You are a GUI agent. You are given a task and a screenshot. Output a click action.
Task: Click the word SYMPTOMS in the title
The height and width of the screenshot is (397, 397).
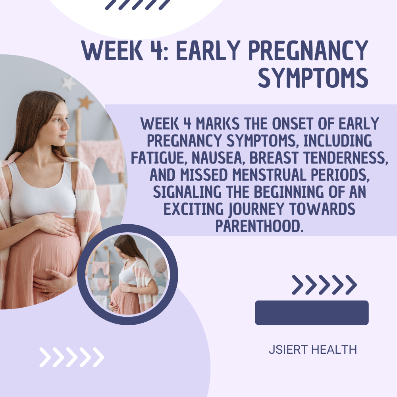(313, 77)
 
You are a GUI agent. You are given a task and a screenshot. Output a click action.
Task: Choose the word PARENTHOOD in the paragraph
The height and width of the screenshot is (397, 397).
(259, 226)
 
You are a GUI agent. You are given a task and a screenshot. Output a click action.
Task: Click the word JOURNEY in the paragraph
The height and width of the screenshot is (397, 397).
(256, 209)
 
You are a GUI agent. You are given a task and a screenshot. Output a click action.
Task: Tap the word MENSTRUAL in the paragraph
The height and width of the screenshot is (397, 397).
(270, 175)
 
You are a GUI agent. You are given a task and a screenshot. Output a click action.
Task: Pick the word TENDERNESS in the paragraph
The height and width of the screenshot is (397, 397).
(346, 158)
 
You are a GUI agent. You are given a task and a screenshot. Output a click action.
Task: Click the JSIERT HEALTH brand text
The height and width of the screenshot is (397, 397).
(313, 349)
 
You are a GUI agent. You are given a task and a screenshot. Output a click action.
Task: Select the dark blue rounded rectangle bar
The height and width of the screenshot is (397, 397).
(312, 313)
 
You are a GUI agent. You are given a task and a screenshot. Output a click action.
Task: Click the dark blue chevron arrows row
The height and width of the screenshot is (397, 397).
(324, 285)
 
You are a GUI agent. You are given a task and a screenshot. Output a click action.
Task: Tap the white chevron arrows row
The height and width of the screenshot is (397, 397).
(72, 357)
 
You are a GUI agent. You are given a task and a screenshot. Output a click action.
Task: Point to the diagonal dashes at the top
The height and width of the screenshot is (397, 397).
(137, 4)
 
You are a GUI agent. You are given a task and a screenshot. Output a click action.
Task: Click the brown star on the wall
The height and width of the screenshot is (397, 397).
(85, 102)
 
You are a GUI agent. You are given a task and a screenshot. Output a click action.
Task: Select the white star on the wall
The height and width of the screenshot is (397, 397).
(68, 83)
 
